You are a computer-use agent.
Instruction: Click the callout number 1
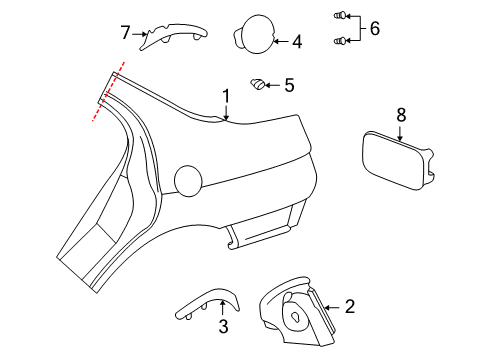[x=226, y=97]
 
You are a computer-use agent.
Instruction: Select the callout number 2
[x=349, y=307]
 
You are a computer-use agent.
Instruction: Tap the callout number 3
[x=223, y=326]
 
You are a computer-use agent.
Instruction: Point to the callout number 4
[x=296, y=42]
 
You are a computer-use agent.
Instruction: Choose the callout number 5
[x=289, y=85]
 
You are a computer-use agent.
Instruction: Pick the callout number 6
[x=374, y=28]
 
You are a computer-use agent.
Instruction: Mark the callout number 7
[x=125, y=33]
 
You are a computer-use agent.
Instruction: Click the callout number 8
[x=401, y=116]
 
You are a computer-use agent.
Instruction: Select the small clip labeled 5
[x=257, y=85]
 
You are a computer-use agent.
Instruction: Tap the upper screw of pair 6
[x=340, y=16]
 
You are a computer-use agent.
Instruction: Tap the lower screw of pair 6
[x=340, y=40]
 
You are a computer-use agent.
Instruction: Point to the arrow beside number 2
[x=332, y=307]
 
